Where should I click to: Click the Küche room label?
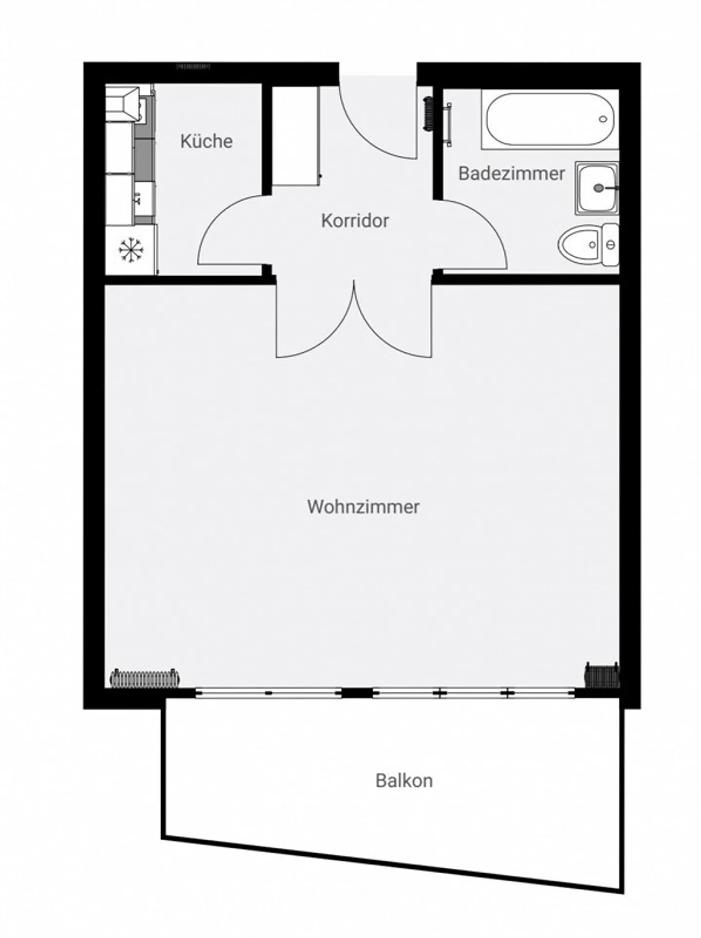tap(206, 141)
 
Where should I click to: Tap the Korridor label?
tap(355, 221)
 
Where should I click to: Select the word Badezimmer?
tap(512, 173)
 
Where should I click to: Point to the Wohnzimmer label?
tap(363, 507)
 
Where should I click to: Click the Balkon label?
tap(404, 781)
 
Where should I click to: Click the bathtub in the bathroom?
tap(549, 119)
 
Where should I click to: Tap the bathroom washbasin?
tap(597, 188)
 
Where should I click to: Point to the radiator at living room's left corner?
tap(145, 678)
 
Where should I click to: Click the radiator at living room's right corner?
tap(602, 675)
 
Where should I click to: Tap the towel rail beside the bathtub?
tap(448, 124)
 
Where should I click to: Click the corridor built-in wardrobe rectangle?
tap(295, 135)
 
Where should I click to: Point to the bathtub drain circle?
tap(604, 119)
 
